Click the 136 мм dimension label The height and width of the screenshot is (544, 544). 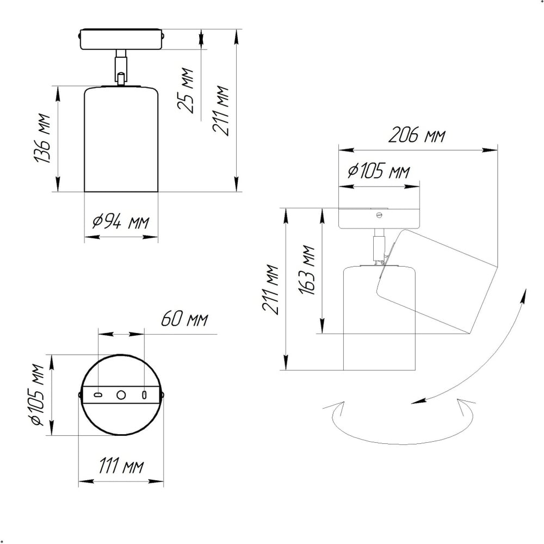[42, 138]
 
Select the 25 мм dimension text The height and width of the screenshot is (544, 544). [186, 90]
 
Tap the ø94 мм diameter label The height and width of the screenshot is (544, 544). [121, 221]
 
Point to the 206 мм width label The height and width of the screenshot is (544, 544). [416, 134]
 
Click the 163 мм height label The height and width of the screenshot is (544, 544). [307, 270]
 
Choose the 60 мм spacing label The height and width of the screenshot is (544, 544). [184, 319]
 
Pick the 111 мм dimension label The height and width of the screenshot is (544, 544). [121, 465]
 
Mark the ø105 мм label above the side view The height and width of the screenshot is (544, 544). [379, 171]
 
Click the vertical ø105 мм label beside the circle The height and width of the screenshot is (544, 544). [38, 394]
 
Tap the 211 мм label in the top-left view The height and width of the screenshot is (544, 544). [221, 110]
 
